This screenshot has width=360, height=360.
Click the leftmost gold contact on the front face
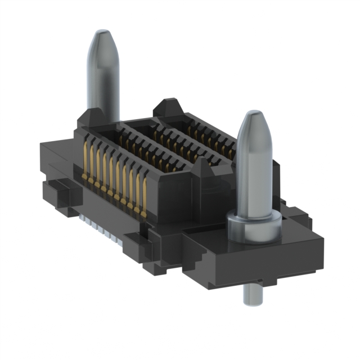[x=85, y=163]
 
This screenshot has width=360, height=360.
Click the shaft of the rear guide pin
[x=102, y=84]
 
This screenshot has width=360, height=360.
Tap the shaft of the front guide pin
[x=254, y=174]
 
